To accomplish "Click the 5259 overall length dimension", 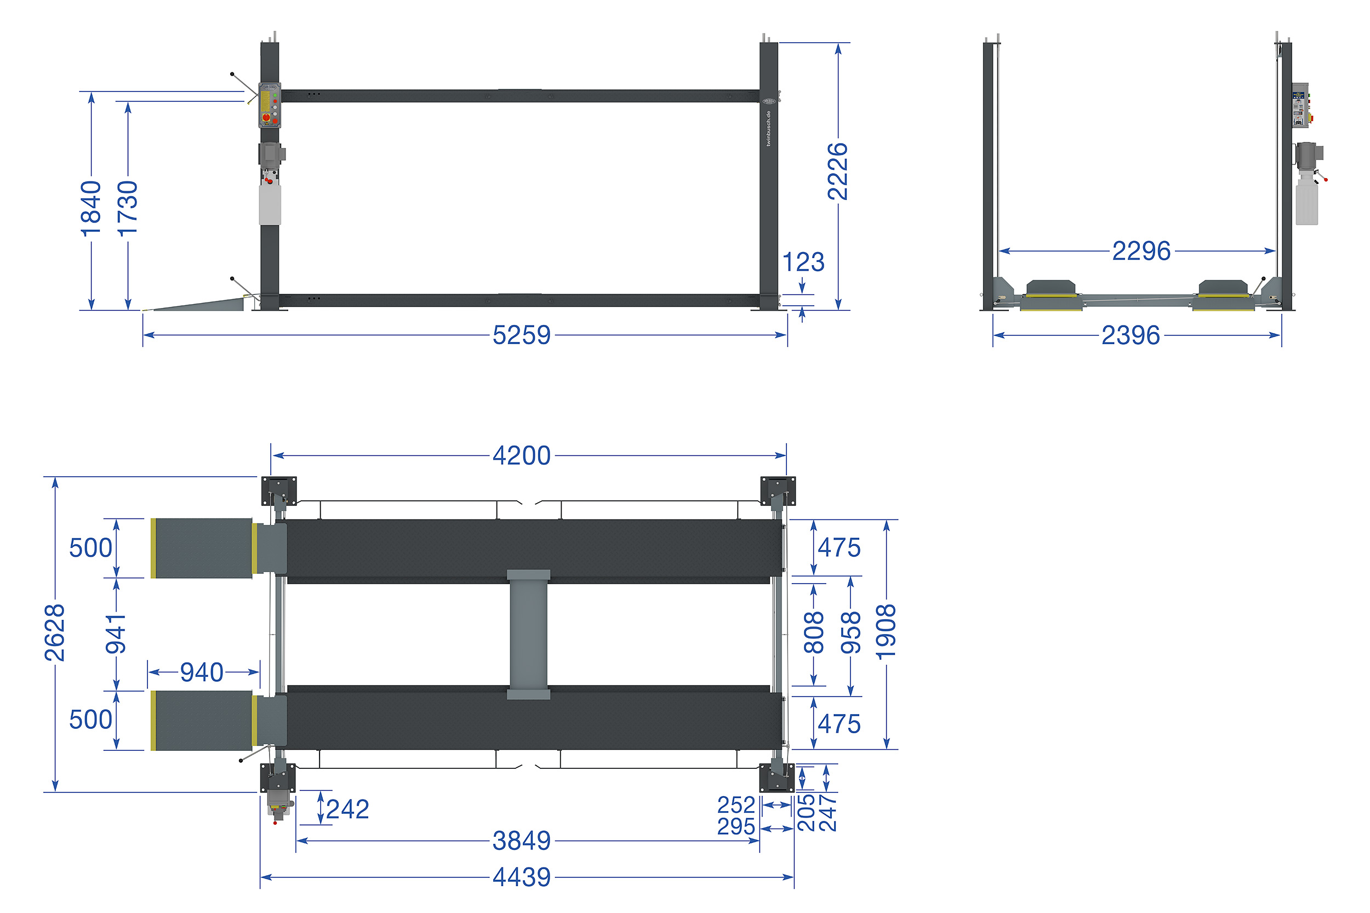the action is (521, 335).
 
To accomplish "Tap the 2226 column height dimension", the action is (838, 171).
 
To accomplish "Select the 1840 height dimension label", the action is (91, 208).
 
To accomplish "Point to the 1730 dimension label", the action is (128, 208).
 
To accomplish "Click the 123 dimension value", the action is (803, 262).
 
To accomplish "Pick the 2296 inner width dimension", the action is (1140, 251).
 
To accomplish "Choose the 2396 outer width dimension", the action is (1130, 335).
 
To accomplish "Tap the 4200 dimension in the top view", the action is (521, 455).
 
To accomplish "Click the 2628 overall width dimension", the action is (55, 632).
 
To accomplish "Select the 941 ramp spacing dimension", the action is (115, 634).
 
